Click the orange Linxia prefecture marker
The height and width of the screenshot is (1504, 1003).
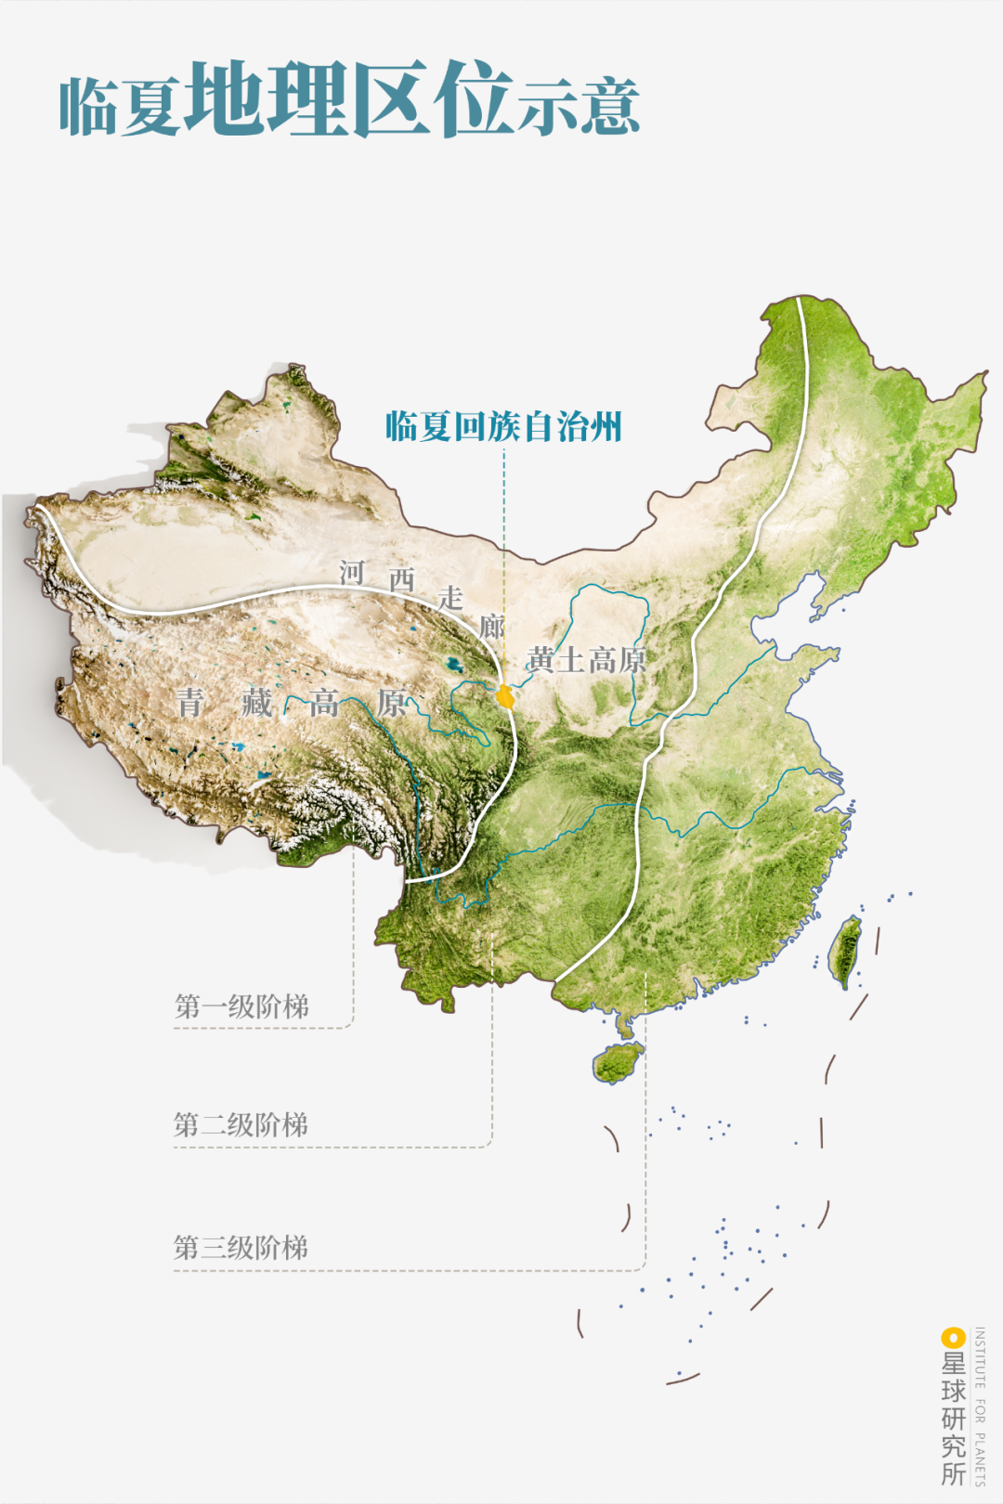point(505,695)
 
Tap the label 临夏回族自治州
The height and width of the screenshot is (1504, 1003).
point(503,426)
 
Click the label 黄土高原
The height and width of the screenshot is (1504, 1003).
point(586,660)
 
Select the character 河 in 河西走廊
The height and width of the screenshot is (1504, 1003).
point(351,573)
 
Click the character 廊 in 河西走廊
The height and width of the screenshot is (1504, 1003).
point(492,626)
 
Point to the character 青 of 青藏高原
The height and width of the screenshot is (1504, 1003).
point(190,702)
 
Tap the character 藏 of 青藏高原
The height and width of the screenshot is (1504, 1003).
point(256,702)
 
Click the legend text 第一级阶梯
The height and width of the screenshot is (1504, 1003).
point(241,1006)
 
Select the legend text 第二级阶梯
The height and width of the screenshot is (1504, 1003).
point(241,1125)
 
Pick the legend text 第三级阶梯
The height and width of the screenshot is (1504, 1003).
point(241,1248)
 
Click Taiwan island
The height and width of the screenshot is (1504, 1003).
point(845,952)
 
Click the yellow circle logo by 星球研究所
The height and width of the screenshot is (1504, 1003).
point(953,1338)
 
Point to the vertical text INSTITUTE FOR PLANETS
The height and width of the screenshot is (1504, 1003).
point(980,1406)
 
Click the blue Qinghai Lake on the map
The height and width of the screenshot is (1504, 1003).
point(453,665)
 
